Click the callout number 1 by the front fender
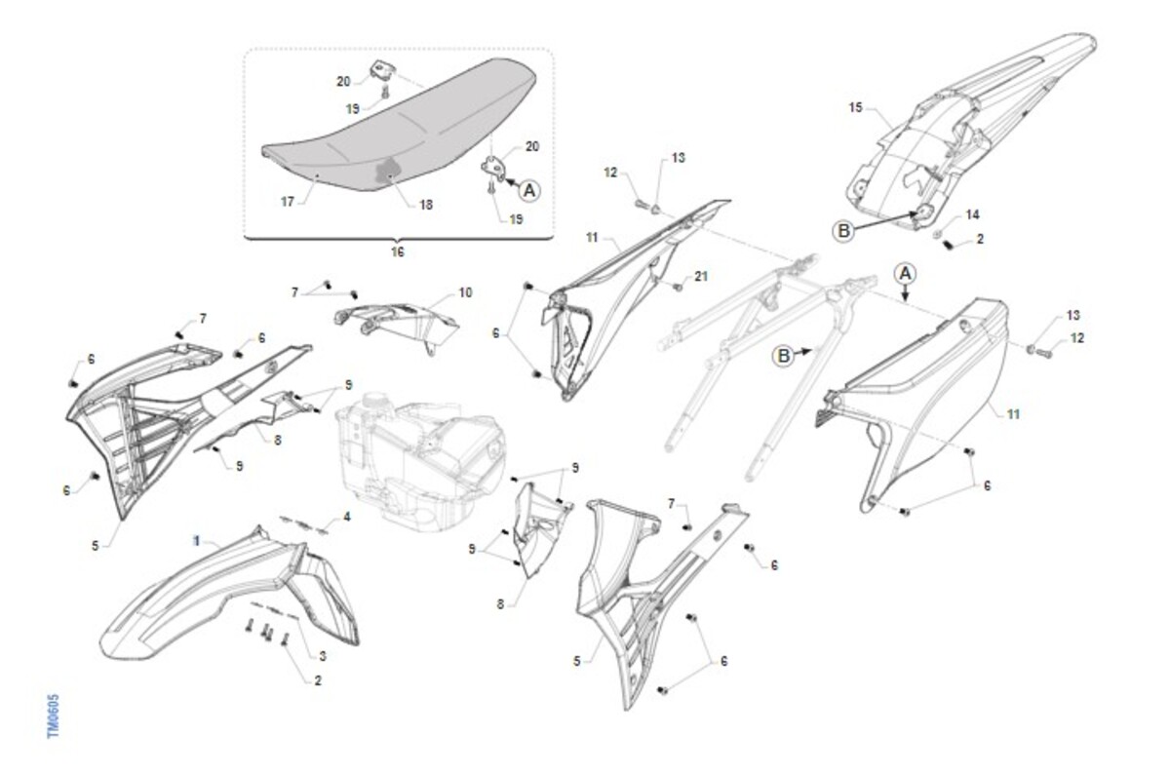pos(197,541)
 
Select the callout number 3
pos(323,657)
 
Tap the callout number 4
pos(347,518)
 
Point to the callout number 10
pos(465,293)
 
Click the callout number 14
pos(973,214)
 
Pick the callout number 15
pos(856,107)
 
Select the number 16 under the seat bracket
pos(398,252)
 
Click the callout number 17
pos(288,202)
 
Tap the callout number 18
pos(426,205)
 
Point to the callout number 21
pos(701,276)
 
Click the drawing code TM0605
pos(54,716)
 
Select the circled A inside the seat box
pos(529,191)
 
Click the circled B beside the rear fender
pos(843,231)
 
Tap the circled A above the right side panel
pos(905,274)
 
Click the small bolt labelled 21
pos(679,287)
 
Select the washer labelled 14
pos(937,234)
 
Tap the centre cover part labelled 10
pos(397,322)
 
